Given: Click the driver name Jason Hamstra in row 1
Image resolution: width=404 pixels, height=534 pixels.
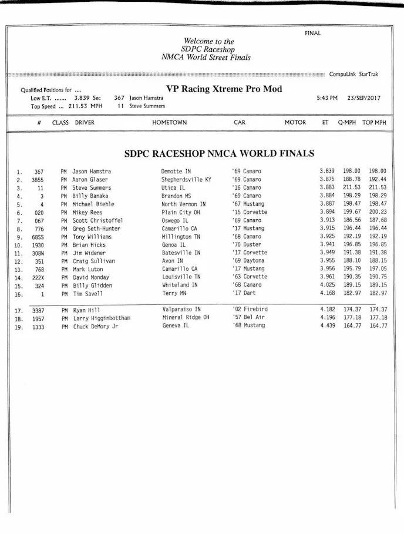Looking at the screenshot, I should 92,172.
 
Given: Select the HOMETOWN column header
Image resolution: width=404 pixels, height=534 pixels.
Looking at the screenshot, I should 169,123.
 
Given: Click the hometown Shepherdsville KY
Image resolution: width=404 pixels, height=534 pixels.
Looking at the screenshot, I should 186,179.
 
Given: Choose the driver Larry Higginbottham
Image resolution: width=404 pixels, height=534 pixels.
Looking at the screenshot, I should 101,318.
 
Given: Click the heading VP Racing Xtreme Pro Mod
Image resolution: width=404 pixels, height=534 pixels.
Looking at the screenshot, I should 224,89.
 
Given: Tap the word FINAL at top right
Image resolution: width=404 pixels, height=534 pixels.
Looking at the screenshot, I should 312,33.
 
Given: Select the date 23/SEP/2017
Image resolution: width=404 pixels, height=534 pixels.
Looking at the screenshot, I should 364,98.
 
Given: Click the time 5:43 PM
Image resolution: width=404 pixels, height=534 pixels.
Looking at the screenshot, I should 326,98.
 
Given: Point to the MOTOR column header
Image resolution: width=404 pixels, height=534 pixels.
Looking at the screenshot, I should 295,123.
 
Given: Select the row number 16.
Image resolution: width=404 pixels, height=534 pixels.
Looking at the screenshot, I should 19,294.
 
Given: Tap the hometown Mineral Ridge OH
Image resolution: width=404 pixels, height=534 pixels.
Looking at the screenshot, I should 186,317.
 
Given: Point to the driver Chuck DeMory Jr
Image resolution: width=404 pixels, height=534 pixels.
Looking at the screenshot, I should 95,326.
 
